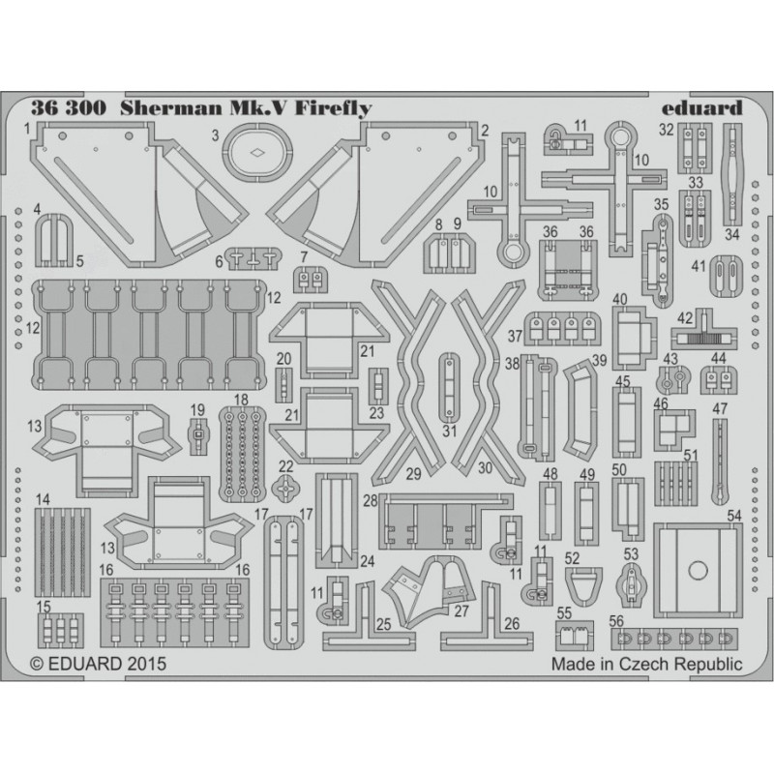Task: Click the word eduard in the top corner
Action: click(702, 107)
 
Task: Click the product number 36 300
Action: click(68, 108)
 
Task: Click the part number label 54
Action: click(734, 516)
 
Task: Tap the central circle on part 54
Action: click(698, 570)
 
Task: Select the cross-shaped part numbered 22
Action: click(285, 489)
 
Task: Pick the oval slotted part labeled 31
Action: click(449, 384)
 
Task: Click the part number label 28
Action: click(371, 500)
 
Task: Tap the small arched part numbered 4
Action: click(54, 240)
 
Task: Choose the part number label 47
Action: click(720, 409)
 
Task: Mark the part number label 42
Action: click(685, 318)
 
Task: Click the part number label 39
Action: click(599, 360)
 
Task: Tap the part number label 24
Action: click(368, 561)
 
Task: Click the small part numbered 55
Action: click(574, 635)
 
